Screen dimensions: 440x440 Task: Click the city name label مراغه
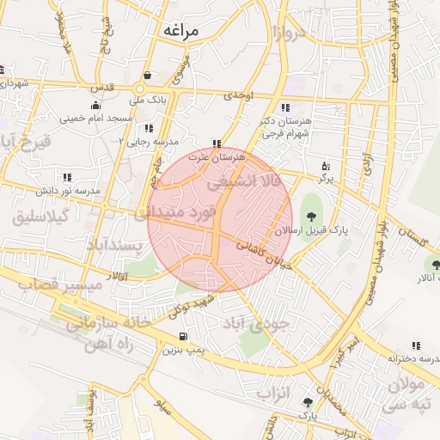coord(179,31)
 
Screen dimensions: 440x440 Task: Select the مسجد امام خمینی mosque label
coord(95,117)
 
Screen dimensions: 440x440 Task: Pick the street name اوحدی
coord(240,95)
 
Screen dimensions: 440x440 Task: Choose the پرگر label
coord(325,178)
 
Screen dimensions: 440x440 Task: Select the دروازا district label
coord(283,34)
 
